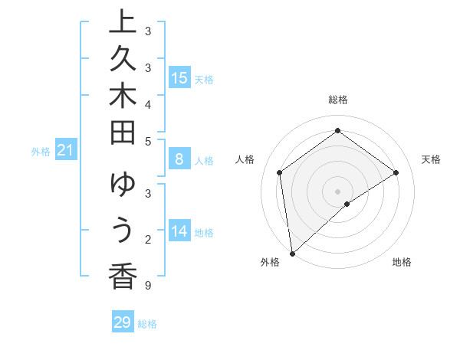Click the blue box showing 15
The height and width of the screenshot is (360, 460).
pyautogui.click(x=179, y=77)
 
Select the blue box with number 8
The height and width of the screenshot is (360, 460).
pyautogui.click(x=179, y=159)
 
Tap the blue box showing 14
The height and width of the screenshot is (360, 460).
pyautogui.click(x=179, y=231)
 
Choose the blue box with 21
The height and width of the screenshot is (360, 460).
pyautogui.click(x=66, y=151)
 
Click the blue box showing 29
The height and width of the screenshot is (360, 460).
pyautogui.click(x=123, y=322)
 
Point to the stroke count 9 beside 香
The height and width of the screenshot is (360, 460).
pyautogui.click(x=147, y=286)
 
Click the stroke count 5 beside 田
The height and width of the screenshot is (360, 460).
pyautogui.click(x=147, y=140)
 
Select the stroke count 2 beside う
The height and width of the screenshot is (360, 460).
pyautogui.click(x=147, y=240)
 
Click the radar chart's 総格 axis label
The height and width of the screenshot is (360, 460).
pyautogui.click(x=337, y=100)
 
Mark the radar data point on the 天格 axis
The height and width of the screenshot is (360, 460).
pyautogui.click(x=396, y=172)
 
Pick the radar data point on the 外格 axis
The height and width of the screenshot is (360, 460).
pyautogui.click(x=292, y=253)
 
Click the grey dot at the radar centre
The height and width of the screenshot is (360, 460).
pyautogui.click(x=337, y=191)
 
